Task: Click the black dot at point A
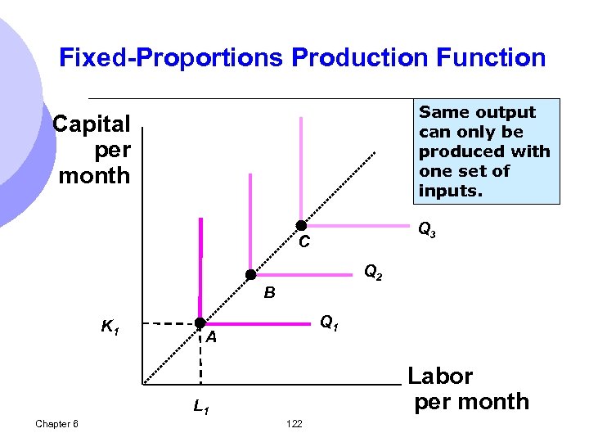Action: pos(200,324)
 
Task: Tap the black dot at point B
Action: pos(251,275)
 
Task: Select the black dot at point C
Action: pos(301,225)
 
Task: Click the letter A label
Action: pos(211,338)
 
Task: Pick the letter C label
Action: pos(304,242)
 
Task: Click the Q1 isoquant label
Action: pos(330,323)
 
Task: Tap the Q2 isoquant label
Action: pos(373,272)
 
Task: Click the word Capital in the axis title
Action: pos(92,124)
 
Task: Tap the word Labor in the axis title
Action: pos(440,377)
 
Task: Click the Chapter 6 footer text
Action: pos(57,423)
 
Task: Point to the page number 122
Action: pos(294,423)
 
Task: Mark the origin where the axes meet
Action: pos(142,384)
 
